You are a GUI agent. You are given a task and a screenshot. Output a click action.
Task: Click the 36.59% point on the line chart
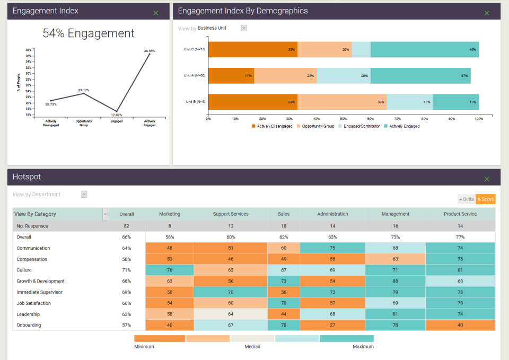click(x=150, y=54)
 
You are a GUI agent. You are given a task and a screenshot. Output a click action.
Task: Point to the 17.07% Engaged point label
click(x=117, y=115)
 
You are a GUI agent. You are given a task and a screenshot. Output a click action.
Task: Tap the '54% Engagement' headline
click(x=89, y=33)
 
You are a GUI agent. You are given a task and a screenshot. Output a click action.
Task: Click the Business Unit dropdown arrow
click(x=244, y=28)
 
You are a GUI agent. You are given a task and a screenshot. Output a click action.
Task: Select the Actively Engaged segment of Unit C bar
click(x=424, y=49)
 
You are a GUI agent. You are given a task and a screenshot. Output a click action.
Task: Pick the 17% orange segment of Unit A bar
click(x=231, y=75)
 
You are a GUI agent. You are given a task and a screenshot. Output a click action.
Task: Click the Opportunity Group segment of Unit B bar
click(x=342, y=102)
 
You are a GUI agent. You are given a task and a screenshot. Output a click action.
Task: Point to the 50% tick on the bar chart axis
click(x=344, y=118)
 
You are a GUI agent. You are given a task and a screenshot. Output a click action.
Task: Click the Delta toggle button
click(x=467, y=199)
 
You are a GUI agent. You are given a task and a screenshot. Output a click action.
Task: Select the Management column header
click(x=395, y=214)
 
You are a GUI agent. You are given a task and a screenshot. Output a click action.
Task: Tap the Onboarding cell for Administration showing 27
click(x=332, y=325)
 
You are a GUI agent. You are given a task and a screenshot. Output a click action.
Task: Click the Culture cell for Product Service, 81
click(x=460, y=270)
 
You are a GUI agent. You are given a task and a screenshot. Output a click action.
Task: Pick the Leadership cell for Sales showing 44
click(x=284, y=314)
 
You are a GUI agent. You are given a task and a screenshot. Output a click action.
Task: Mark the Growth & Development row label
click(x=40, y=282)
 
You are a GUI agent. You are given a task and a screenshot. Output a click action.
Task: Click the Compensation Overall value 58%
click(x=126, y=259)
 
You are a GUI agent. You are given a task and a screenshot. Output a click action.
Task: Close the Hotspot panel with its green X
click(x=487, y=179)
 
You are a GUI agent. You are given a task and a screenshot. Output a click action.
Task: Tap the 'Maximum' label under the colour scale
click(x=363, y=347)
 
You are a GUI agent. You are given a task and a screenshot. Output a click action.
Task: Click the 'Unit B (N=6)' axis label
click(x=195, y=102)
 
